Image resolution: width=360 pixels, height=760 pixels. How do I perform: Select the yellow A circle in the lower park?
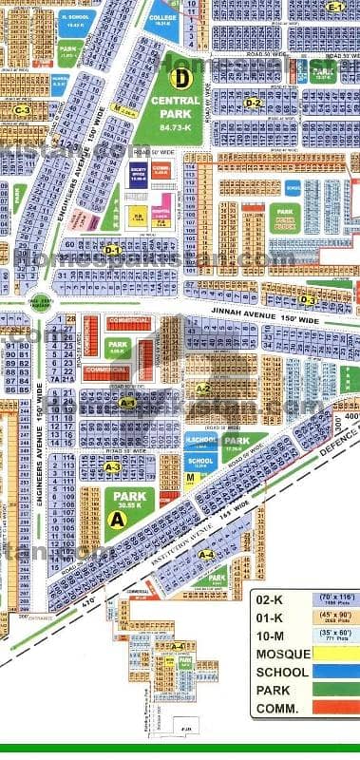[x=118, y=519]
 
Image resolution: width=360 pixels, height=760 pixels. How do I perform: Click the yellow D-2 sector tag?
[x=253, y=103]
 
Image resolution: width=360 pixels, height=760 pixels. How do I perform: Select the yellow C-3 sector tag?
[x=24, y=110]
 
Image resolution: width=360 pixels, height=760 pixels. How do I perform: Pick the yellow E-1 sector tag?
[x=334, y=7]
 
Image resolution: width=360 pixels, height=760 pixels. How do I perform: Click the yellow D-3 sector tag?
[x=306, y=274]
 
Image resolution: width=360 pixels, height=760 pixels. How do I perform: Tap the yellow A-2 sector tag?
[x=202, y=389]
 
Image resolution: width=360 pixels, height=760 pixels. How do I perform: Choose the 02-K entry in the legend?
[x=271, y=600]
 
